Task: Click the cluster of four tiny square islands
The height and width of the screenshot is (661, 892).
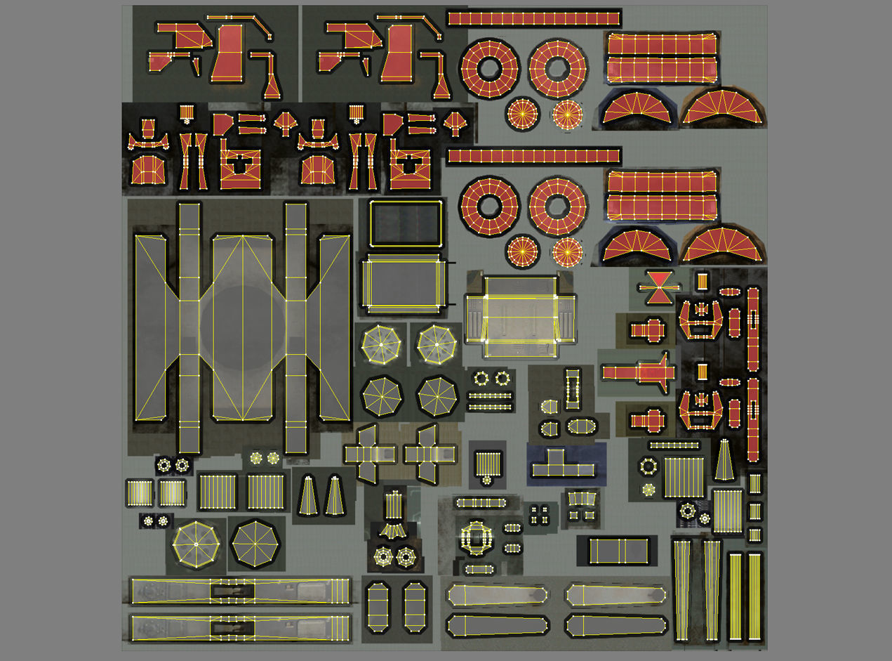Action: [x=539, y=513]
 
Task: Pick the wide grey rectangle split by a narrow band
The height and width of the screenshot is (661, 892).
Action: [x=618, y=551]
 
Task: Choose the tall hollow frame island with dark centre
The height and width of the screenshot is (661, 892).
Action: [x=573, y=387]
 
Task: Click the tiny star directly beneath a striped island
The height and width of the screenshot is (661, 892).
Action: [x=486, y=480]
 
